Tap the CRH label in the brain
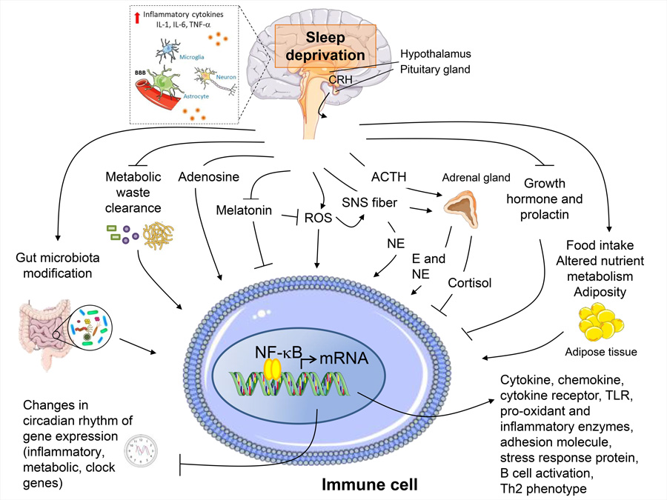click(340, 80)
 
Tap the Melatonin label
click(244, 210)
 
